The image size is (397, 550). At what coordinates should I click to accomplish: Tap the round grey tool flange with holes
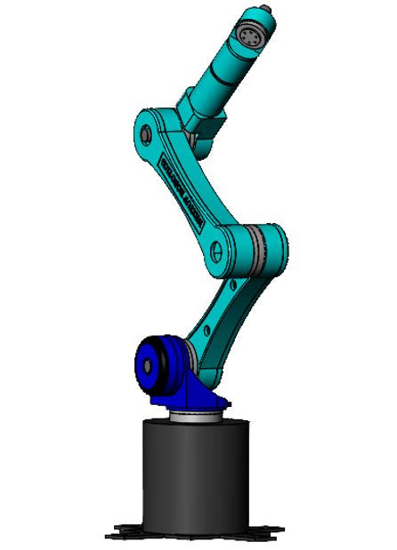point(250,36)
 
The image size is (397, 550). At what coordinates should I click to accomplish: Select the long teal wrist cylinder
point(231,72)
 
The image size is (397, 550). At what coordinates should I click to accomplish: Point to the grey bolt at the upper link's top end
point(146,134)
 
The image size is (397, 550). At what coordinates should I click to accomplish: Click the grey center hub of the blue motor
point(143,363)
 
